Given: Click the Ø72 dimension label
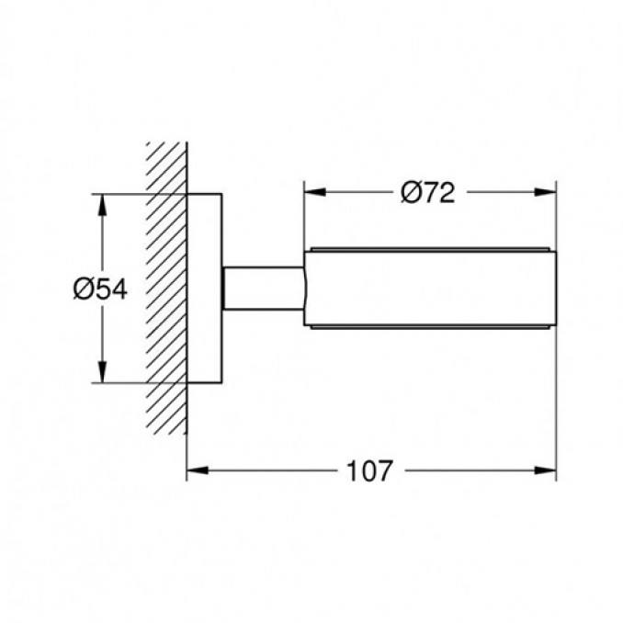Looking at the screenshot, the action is click(x=427, y=193).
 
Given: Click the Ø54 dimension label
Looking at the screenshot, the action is click(x=100, y=289).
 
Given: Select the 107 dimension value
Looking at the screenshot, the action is click(x=370, y=471).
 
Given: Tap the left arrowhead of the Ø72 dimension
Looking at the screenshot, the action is click(x=315, y=192).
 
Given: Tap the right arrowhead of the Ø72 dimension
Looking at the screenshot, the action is click(x=545, y=192).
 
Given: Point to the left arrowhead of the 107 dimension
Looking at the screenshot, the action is click(x=198, y=470).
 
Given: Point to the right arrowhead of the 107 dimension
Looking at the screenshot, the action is click(x=545, y=470).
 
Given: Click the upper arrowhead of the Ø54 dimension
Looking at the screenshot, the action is click(x=103, y=205).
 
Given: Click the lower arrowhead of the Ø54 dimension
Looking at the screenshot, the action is click(x=103, y=372).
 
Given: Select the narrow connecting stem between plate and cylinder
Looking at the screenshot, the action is click(x=264, y=289).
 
